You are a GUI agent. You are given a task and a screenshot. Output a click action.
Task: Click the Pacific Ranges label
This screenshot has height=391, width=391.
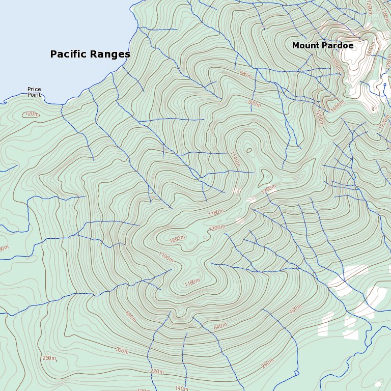pyautogui.click(x=90, y=54)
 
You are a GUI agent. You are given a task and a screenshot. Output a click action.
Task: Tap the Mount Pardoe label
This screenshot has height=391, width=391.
pyautogui.click(x=323, y=46)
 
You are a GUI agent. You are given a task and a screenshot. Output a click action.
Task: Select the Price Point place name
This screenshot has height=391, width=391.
pyautogui.click(x=34, y=92)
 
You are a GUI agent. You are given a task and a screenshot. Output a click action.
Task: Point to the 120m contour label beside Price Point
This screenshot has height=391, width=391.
pyautogui.click(x=32, y=114)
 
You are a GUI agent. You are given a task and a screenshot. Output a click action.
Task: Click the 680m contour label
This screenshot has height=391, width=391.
pyautogui.click(x=245, y=74)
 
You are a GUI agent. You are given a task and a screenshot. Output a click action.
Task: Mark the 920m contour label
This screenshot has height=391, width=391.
pyautogui.click(x=254, y=104)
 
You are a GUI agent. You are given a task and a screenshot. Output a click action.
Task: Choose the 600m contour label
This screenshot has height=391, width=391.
pyautogui.click(x=130, y=316)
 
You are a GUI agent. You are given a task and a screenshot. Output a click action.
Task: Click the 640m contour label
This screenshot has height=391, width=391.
pyautogui.click(x=220, y=326)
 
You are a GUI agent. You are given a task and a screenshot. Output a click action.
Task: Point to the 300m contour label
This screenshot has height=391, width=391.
pyautogui.click(x=122, y=351)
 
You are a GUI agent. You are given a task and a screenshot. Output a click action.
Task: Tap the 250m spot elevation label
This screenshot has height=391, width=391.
pyautogui.click(x=49, y=358)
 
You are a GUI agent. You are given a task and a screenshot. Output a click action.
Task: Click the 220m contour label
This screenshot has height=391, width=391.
pyautogui.click(x=157, y=372)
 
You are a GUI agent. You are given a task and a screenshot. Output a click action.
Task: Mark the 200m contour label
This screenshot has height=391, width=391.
pyautogui.click(x=267, y=365)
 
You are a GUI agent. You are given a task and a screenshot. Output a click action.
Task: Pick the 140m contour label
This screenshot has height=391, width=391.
pyautogui.click(x=181, y=388)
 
